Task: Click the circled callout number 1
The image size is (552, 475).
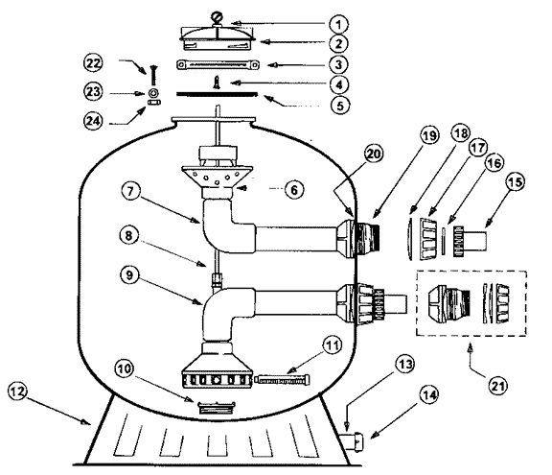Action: click(x=338, y=24)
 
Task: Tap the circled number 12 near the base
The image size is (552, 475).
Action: click(x=17, y=392)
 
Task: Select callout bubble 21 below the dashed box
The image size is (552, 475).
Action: click(x=497, y=386)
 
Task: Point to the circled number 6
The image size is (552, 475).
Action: click(x=294, y=190)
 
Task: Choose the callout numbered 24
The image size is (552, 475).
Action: click(x=93, y=121)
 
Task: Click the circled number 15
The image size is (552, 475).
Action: click(x=515, y=182)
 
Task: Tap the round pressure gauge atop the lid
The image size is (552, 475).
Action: click(x=216, y=17)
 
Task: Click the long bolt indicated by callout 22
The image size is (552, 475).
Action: click(x=154, y=75)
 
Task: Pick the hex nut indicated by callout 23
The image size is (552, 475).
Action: click(x=154, y=93)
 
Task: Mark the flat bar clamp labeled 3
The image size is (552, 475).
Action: click(x=218, y=65)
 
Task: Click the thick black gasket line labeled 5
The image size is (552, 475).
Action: click(x=217, y=94)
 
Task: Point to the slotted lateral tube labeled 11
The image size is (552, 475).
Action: click(x=283, y=380)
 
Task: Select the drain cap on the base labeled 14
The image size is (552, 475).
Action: click(x=353, y=439)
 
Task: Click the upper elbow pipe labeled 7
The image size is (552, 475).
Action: click(x=229, y=226)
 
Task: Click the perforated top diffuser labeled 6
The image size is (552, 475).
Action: click(x=218, y=177)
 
